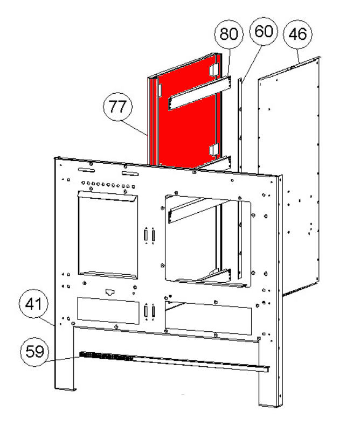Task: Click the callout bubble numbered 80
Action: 229,34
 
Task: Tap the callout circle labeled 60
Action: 264,31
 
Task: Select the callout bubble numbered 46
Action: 297,34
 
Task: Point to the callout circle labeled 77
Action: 117,107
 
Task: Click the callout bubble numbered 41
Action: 33,303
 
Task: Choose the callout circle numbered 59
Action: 34,352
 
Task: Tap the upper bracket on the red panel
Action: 199,93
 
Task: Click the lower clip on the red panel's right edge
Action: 214,150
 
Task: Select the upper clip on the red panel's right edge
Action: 214,69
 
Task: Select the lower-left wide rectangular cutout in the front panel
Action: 108,311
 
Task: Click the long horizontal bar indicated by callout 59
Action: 174,362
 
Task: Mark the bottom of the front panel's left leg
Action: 65,389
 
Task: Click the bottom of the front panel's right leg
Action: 269,406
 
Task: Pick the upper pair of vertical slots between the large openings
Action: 150,235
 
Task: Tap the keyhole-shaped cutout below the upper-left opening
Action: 110,292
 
